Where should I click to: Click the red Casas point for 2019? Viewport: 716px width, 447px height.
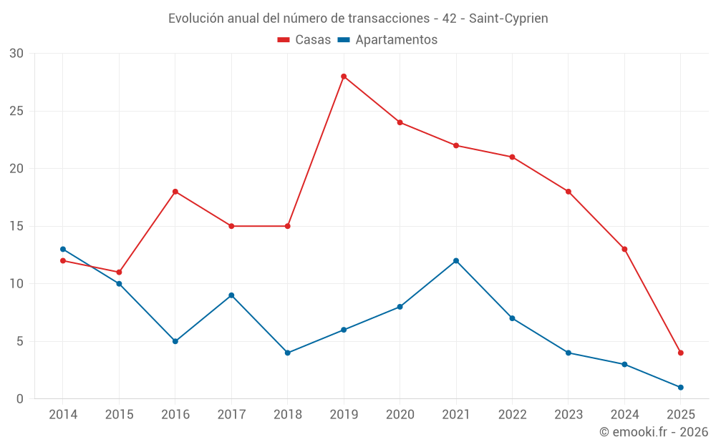point(344,77)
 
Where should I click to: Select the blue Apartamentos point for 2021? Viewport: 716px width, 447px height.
point(456,260)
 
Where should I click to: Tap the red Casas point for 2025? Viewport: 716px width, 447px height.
point(680,353)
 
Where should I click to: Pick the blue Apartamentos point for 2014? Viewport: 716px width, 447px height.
point(63,249)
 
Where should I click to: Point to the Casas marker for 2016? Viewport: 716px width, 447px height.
point(175,192)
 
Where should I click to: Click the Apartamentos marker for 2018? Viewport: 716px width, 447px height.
point(288,353)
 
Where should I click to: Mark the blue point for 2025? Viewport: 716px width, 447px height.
point(680,387)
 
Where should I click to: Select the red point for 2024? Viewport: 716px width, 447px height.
point(624,249)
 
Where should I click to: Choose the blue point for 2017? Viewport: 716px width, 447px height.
point(231,295)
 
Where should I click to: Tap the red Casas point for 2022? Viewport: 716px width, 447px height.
point(512,157)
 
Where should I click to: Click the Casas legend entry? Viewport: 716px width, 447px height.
point(304,40)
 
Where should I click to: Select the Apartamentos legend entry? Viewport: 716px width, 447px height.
point(387,40)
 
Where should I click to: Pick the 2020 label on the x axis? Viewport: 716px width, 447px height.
point(400,415)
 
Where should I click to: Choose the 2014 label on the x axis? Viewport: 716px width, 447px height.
point(63,415)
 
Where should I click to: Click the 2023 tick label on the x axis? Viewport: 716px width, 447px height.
point(568,415)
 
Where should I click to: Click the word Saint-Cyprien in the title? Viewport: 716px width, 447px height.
point(508,19)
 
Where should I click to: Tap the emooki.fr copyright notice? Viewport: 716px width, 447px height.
point(653,432)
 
